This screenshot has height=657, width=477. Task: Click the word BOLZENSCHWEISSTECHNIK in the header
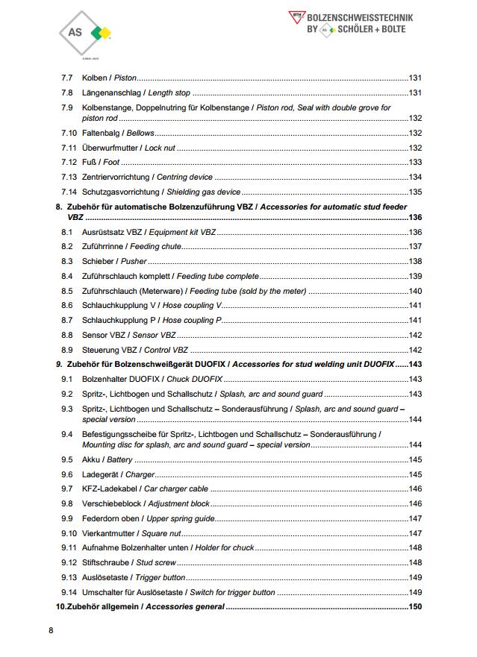pos(360,17)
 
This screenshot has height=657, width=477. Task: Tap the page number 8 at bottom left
pos(51,631)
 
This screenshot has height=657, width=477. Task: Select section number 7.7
pos(66,78)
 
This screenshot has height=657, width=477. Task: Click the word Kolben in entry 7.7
pos(94,78)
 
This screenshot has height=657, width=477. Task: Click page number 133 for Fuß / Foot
pos(415,163)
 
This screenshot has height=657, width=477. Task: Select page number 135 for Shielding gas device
pos(415,192)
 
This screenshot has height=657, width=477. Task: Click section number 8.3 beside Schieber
pos(66,262)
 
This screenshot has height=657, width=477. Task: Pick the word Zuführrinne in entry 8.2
pos(103,247)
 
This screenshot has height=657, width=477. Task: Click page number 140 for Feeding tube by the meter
pos(415,291)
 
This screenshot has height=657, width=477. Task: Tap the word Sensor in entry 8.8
pos(95,335)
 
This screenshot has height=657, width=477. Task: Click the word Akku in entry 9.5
pos(91,459)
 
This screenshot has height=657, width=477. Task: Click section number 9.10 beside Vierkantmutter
pos(69,533)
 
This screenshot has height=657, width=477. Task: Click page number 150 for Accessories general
pos(415,607)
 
